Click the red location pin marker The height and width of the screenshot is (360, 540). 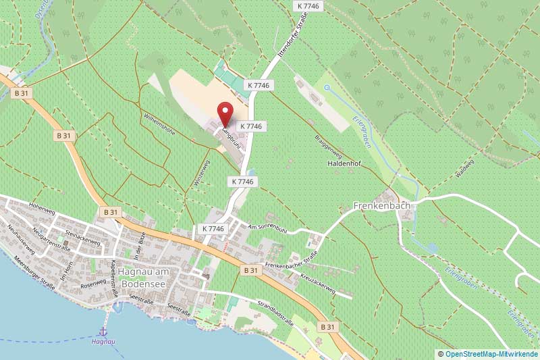pyautogui.click(x=225, y=112)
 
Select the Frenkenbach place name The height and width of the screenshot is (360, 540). pyautogui.click(x=382, y=205)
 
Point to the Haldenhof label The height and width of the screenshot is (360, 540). pyautogui.click(x=346, y=164)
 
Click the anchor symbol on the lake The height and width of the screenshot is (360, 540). pyautogui.click(x=103, y=331)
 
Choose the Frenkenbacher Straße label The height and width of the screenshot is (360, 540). pyautogui.click(x=292, y=261)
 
